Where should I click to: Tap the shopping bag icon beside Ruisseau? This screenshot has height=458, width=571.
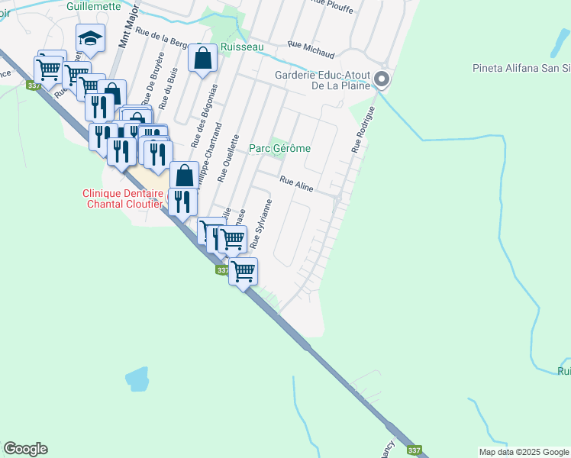202,59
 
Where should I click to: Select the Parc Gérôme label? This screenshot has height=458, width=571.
280,148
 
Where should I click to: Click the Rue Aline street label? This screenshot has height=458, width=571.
297,182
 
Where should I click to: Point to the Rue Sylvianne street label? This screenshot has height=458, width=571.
262,224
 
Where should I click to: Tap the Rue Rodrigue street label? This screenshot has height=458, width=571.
364,130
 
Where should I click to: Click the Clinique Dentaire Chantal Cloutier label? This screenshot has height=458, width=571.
124,198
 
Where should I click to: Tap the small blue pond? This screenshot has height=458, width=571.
137,377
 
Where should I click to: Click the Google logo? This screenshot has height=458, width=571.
25,449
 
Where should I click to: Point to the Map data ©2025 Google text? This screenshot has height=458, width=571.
524,452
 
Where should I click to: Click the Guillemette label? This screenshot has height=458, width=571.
94,5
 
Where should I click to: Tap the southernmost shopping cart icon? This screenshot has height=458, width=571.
244,271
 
